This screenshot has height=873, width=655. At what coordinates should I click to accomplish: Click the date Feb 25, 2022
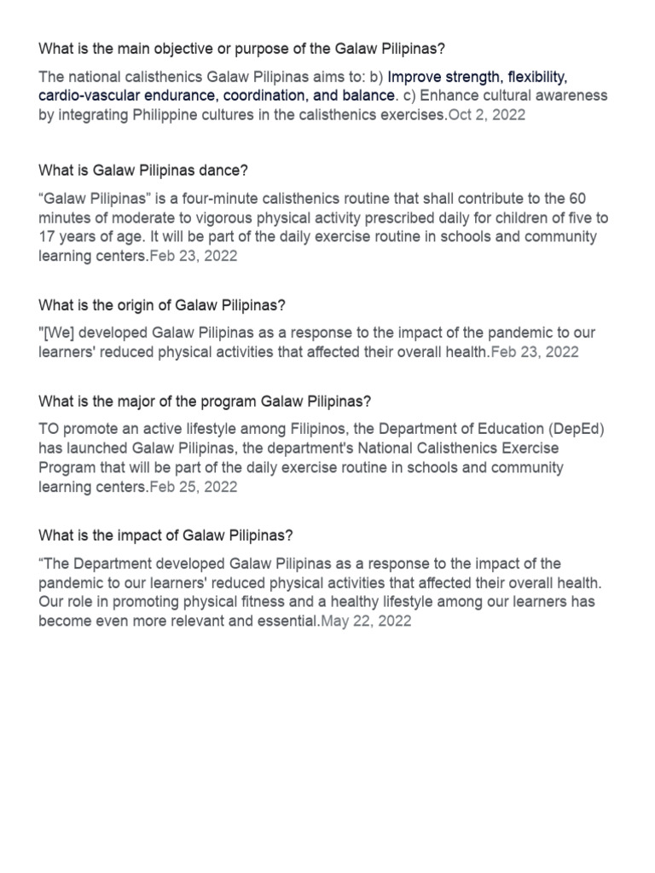point(194,488)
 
